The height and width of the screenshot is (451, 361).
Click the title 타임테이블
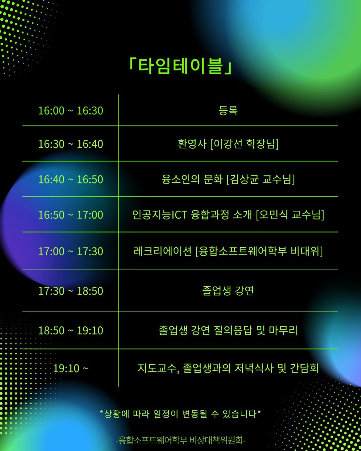[180, 66]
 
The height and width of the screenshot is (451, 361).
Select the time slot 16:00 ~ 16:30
[71, 111]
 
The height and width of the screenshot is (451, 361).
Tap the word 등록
[228, 110]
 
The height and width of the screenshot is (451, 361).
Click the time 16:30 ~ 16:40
[71, 144]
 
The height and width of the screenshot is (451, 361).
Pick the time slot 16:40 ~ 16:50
[71, 180]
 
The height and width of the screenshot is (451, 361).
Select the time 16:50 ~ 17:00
[71, 215]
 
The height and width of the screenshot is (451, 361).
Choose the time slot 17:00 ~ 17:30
[71, 252]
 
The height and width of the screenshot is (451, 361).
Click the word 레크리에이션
[162, 251]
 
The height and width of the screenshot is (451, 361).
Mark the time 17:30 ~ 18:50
[71, 291]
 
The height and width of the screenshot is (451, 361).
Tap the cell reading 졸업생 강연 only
[228, 291]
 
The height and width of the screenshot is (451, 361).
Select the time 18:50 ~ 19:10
[71, 331]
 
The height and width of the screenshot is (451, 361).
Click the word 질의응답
[233, 330]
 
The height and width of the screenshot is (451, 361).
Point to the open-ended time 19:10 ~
[71, 368]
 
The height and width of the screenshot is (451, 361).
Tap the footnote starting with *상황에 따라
[180, 414]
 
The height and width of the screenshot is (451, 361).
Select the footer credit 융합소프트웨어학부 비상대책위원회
[181, 440]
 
